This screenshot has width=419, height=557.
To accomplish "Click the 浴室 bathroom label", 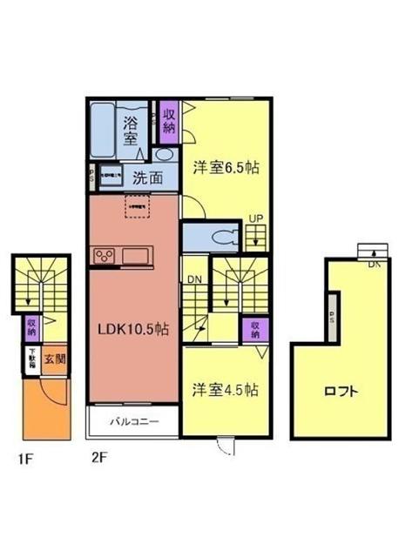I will pos(134,130).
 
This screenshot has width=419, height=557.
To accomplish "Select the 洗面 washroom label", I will pos(147,178).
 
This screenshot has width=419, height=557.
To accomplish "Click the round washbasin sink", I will pos(164,154).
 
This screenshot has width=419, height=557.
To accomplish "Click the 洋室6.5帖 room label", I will pos(226,166).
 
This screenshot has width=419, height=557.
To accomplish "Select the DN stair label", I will pos(194,280).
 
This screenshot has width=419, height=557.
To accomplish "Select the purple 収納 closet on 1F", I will pos(30,327).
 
